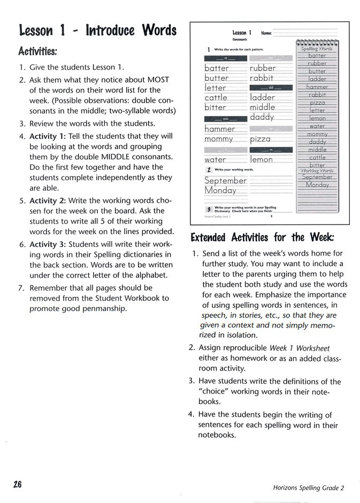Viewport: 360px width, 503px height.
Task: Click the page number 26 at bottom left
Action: (17, 484)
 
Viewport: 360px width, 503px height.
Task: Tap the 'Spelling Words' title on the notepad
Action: (317, 48)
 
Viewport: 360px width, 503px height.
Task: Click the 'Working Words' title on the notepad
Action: (317, 171)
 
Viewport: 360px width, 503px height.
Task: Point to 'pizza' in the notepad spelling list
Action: (317, 103)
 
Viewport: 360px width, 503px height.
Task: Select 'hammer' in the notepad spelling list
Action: (317, 87)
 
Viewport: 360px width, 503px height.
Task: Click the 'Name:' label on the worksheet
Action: (266, 33)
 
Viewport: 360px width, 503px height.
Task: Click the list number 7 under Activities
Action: (22, 288)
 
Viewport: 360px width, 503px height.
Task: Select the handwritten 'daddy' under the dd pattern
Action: (262, 117)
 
